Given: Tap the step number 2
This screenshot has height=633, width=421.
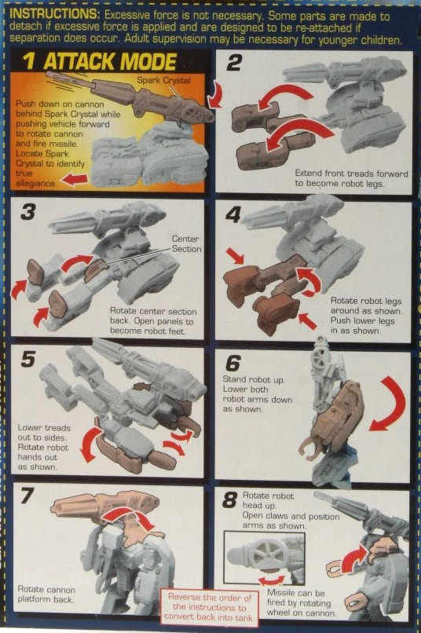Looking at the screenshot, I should click(233, 63).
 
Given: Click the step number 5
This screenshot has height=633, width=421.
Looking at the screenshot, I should click(28, 360).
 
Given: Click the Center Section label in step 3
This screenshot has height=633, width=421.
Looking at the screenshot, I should click(187, 243).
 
